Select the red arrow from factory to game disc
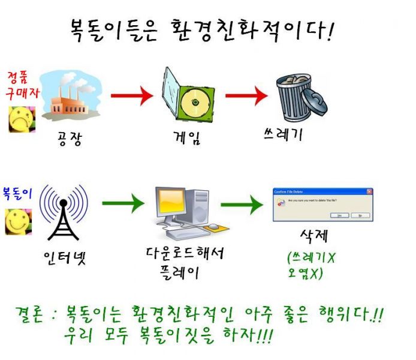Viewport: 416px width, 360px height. pos(132,95)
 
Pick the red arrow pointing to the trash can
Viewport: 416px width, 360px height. pos(246,95)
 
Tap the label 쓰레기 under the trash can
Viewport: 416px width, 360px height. pos(282,134)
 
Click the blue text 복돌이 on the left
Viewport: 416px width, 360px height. pos(19,194)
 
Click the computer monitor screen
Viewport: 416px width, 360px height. pos(173,202)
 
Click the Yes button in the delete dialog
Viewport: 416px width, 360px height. pos(339,215)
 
